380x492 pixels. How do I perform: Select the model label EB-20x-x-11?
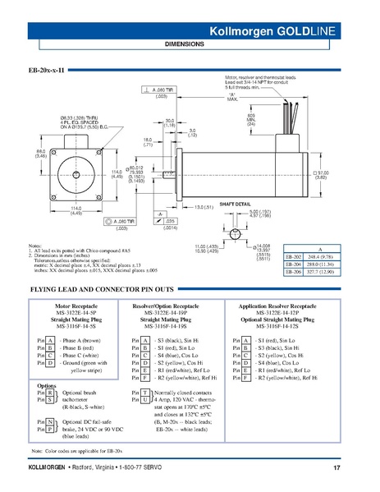coord(48,71)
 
